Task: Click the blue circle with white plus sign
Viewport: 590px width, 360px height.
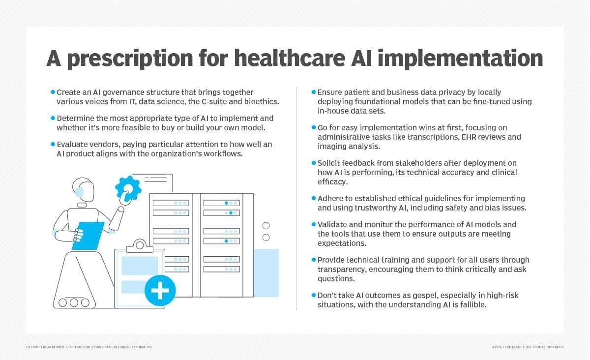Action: pos(160,290)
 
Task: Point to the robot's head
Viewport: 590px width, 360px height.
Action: pos(84,189)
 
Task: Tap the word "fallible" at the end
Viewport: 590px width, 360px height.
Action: pos(471,304)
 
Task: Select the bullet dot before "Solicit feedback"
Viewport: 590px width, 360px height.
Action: pos(314,163)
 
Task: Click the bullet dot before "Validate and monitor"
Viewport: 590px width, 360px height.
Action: pos(314,224)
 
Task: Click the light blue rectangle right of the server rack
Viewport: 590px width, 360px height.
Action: pos(266,272)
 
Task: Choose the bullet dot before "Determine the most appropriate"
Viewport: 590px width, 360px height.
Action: pos(53,119)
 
